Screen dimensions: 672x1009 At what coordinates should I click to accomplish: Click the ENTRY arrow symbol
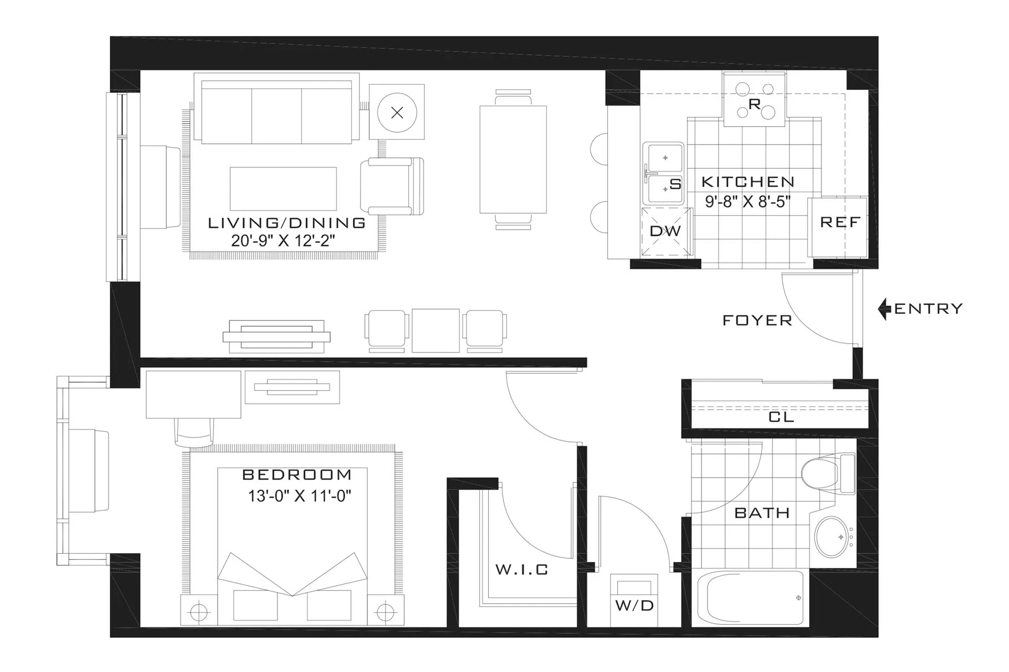click(x=884, y=309)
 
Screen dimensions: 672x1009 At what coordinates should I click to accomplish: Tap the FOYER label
click(x=757, y=321)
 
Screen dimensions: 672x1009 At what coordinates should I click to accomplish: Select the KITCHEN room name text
click(x=748, y=182)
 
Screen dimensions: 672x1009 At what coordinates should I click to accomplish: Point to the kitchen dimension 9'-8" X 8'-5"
click(x=748, y=202)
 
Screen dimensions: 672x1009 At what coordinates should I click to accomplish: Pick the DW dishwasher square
click(x=665, y=231)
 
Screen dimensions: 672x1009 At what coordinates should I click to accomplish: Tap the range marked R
click(x=755, y=100)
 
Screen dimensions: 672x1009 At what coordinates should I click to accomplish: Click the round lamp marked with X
click(x=397, y=112)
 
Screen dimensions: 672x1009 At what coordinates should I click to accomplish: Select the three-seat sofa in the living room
click(x=276, y=112)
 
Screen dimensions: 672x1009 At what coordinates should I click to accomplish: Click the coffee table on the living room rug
click(x=283, y=189)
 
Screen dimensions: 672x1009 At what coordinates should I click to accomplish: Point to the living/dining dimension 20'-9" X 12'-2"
click(x=283, y=241)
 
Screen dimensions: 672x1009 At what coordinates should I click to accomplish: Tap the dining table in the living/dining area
click(x=513, y=159)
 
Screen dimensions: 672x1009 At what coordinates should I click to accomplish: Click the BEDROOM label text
click(x=297, y=475)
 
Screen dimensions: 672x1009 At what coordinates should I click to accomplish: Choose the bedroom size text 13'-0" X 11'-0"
click(x=299, y=496)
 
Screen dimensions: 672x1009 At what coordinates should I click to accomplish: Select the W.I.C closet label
click(x=522, y=570)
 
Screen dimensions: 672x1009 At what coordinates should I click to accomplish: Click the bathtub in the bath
click(x=750, y=598)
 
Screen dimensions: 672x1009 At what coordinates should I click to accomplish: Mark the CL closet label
click(x=781, y=417)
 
